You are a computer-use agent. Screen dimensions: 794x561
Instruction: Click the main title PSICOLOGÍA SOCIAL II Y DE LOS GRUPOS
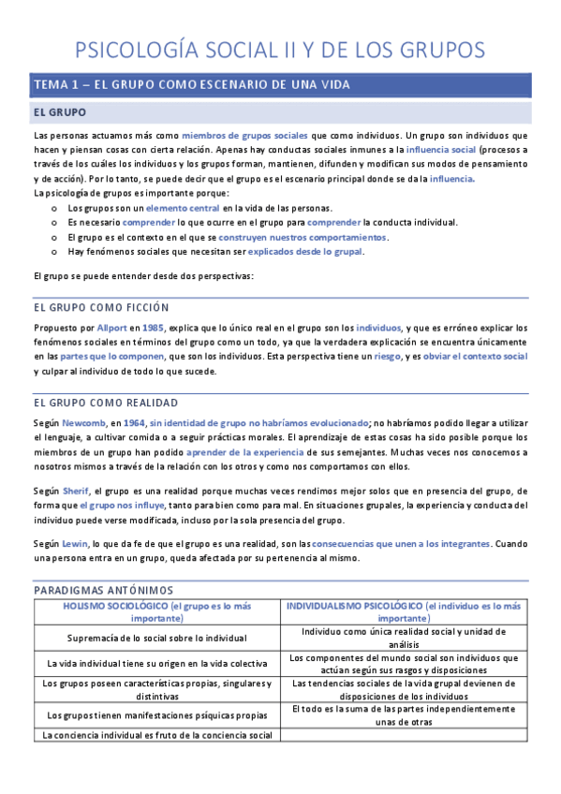[279, 49]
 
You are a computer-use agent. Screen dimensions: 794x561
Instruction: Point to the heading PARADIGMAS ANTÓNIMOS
[105, 591]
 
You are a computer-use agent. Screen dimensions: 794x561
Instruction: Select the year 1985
[155, 328]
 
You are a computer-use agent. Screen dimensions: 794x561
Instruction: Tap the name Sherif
[77, 491]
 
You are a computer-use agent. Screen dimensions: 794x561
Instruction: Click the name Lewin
[76, 543]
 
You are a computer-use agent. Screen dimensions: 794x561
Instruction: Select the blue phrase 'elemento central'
[183, 208]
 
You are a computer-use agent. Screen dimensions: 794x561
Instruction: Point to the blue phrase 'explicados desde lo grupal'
[305, 251]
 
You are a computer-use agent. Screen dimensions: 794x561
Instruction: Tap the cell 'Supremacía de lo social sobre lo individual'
[157, 638]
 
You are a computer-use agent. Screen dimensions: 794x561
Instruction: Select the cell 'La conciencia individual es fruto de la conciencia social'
[157, 735]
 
